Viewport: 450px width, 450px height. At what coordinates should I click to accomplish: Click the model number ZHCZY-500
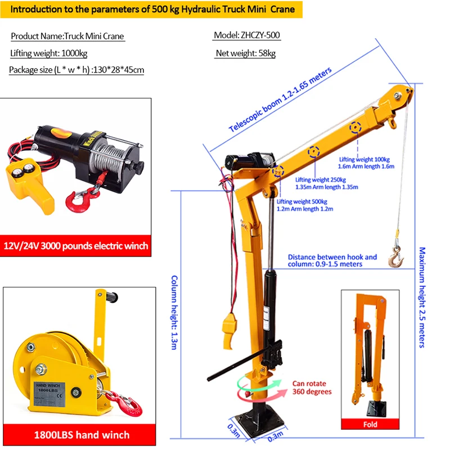(x=246, y=35)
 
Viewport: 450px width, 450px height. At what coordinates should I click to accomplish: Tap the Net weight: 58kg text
(x=245, y=54)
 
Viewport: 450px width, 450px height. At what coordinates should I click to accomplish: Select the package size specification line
(x=76, y=70)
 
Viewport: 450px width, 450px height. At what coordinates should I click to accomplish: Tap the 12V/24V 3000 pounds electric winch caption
(x=76, y=245)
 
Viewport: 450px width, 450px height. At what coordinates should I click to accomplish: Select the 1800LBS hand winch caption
(x=82, y=435)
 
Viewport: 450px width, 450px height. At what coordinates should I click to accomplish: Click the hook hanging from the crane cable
(x=396, y=256)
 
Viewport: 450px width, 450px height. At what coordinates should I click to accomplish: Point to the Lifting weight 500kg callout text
(x=304, y=205)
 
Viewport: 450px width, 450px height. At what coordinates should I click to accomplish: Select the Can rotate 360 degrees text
(x=312, y=388)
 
